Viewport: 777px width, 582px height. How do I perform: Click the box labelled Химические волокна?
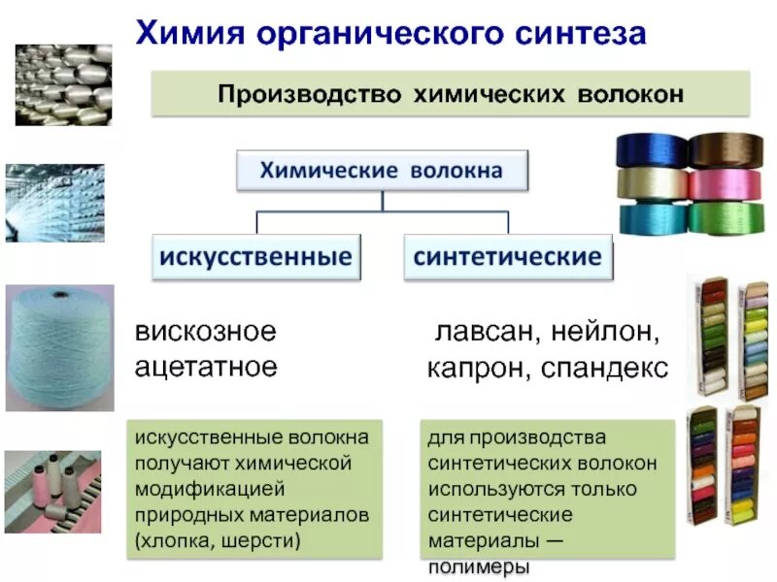pyautogui.click(x=382, y=171)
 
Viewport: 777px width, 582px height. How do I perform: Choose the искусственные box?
pyautogui.click(x=255, y=257)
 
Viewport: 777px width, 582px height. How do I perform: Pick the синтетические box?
pyautogui.click(x=508, y=257)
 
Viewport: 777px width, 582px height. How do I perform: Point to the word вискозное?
pyautogui.click(x=205, y=333)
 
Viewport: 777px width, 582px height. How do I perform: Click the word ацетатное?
pyautogui.click(x=206, y=368)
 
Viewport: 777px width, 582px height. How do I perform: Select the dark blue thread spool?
pyautogui.click(x=652, y=151)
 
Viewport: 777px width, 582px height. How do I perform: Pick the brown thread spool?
pyautogui.click(x=726, y=151)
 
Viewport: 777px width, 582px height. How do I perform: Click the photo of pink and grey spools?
pyautogui.click(x=52, y=492)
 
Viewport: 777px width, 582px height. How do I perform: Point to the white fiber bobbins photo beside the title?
pyautogui.click(x=63, y=84)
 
